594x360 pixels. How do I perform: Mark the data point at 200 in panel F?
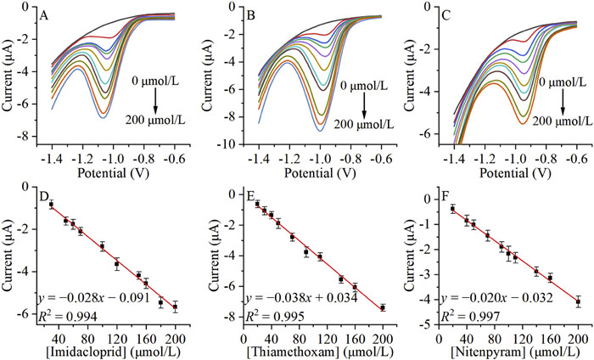[x=578, y=301]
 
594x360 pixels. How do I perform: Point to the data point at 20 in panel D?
[x=50, y=205]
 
